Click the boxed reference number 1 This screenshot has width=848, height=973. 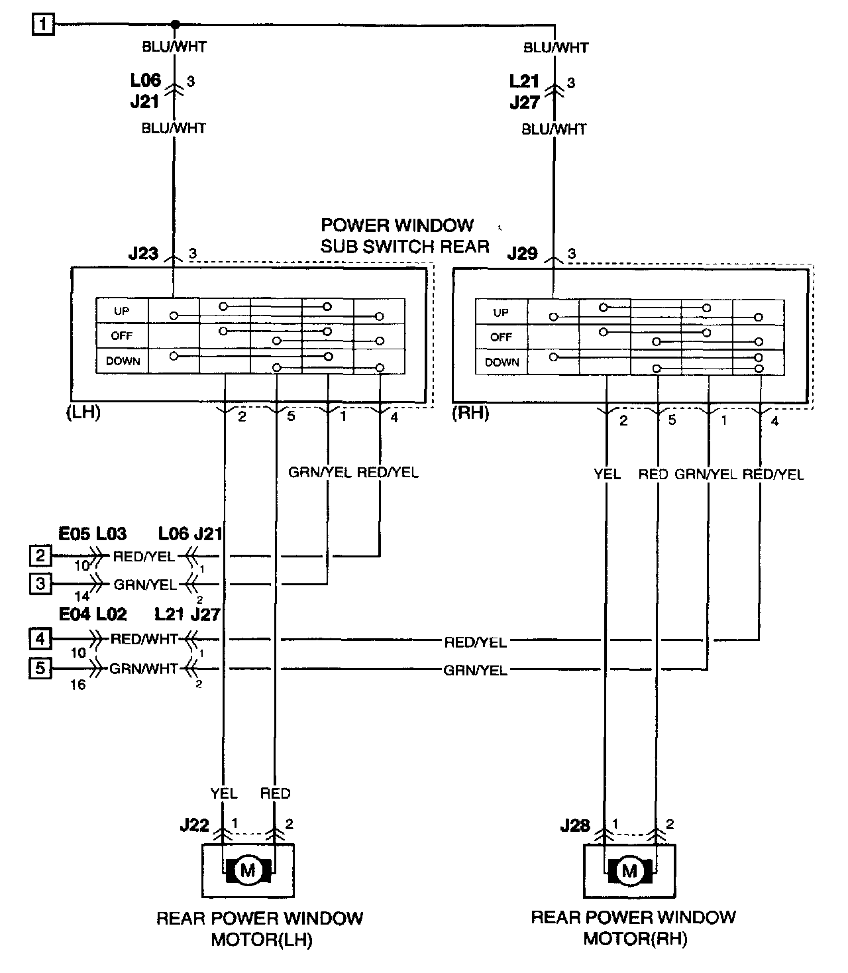(43, 25)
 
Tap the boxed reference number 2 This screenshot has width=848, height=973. (40, 555)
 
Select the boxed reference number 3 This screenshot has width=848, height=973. (40, 583)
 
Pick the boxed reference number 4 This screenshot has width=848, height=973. (40, 639)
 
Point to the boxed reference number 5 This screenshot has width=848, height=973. (40, 668)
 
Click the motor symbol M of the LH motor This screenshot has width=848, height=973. (248, 871)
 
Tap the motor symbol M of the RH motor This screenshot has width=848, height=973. (629, 871)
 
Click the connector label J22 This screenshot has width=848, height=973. (194, 826)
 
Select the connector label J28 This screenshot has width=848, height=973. (575, 826)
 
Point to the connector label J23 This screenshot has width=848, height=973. (144, 253)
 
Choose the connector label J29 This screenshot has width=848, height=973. (523, 253)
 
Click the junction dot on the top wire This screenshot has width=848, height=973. (176, 25)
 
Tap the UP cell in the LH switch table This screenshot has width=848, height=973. (122, 311)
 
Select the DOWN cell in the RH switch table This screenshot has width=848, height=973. (502, 363)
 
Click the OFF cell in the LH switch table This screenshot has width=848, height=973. (122, 336)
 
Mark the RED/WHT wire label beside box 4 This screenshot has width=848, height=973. (144, 639)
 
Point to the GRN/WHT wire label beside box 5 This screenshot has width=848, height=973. (144, 669)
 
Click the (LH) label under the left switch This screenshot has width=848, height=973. (83, 412)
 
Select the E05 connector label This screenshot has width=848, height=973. (74, 534)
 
